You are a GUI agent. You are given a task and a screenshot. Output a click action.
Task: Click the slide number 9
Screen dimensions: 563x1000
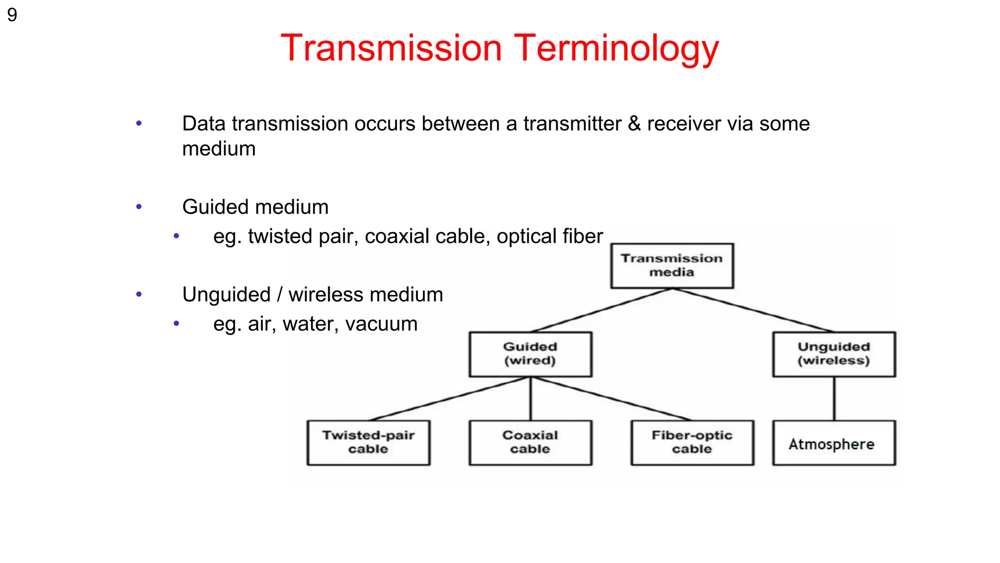12,15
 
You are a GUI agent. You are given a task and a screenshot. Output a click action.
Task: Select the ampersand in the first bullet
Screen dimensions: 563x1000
634,124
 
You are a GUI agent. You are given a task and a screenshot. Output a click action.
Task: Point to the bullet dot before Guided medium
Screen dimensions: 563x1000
139,207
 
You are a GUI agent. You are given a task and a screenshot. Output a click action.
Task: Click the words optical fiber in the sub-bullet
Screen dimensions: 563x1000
550,237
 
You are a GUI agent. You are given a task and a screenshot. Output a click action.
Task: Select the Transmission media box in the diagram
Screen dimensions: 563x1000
672,266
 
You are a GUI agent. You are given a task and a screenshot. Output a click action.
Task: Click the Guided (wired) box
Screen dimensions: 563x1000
530,354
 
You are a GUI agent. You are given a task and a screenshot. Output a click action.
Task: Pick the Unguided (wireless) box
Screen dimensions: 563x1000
833,354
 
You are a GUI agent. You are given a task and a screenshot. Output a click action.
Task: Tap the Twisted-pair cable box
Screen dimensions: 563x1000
368,442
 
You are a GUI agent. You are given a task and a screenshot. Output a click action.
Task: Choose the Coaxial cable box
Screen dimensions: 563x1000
530,442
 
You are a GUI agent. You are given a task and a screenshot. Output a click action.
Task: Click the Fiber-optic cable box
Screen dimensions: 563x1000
692,442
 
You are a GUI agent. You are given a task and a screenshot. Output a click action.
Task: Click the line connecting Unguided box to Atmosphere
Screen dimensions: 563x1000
834,398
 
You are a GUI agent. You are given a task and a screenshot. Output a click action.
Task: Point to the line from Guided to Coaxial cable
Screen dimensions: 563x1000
531,398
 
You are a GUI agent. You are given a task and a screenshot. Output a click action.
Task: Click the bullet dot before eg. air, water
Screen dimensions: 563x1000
176,324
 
